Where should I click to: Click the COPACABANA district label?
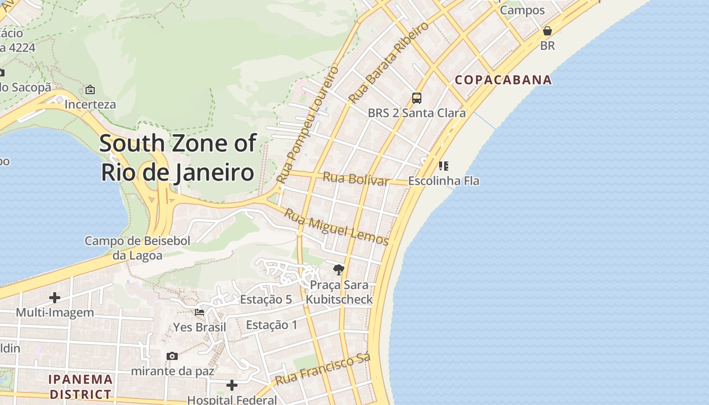pyautogui.click(x=503, y=80)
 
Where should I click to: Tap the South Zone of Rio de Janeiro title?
pyautogui.click(x=178, y=157)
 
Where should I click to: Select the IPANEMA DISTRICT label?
pyautogui.click(x=81, y=386)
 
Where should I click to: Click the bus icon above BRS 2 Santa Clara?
pyautogui.click(x=417, y=98)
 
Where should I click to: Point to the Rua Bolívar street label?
pyautogui.click(x=356, y=178)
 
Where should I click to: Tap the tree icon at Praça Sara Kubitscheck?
pyautogui.click(x=339, y=270)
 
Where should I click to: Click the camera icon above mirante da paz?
pyautogui.click(x=172, y=356)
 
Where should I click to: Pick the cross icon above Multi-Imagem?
pyautogui.click(x=55, y=298)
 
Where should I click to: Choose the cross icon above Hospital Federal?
pyautogui.click(x=232, y=386)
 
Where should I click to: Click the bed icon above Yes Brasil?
pyautogui.click(x=200, y=312)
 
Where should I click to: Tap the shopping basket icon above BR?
pyautogui.click(x=547, y=31)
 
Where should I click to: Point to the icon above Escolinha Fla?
pyautogui.click(x=444, y=166)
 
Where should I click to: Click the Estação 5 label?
pyautogui.click(x=266, y=299)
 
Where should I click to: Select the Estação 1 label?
pyautogui.click(x=272, y=325)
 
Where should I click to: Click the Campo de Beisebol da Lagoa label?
pyautogui.click(x=137, y=248)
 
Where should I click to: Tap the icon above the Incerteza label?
pyautogui.click(x=90, y=90)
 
